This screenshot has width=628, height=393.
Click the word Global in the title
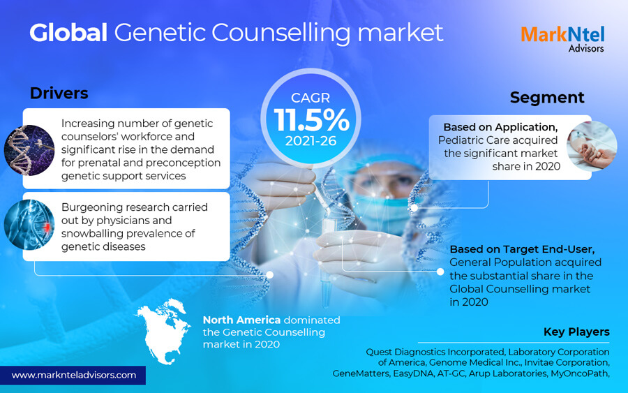click(x=68, y=32)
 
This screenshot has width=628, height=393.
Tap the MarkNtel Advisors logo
click(x=562, y=39)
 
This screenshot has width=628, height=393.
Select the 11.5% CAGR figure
click(x=311, y=120)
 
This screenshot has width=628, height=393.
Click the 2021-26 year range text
click(x=311, y=141)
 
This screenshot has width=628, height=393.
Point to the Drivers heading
click(x=59, y=94)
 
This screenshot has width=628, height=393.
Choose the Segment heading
click(x=547, y=97)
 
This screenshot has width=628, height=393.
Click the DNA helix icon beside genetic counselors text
click(x=29, y=150)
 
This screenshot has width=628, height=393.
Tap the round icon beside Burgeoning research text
click(x=29, y=225)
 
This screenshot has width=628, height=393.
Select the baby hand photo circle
click(x=592, y=146)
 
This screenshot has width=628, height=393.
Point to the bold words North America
click(x=241, y=320)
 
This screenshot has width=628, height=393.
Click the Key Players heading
click(x=576, y=332)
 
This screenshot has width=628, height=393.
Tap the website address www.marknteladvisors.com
click(x=74, y=376)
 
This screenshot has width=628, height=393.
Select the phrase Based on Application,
click(x=500, y=127)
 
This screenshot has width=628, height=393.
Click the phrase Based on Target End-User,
click(x=522, y=249)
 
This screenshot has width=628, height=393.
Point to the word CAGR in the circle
click(x=311, y=98)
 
